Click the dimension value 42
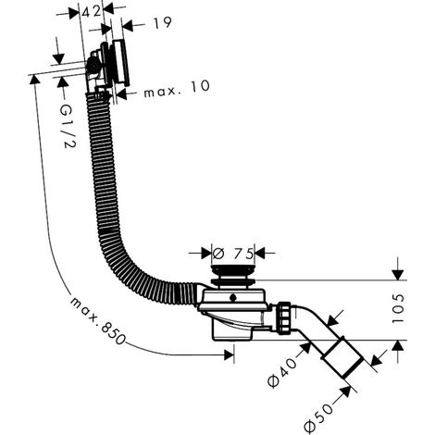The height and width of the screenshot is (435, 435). pyautogui.click(x=91, y=12)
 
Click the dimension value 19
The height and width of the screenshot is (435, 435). pyautogui.click(x=162, y=23)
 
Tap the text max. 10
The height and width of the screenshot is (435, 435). pyautogui.click(x=177, y=89)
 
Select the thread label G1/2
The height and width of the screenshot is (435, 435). pyautogui.click(x=68, y=126)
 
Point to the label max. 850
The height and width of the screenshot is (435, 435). pyautogui.click(x=97, y=321)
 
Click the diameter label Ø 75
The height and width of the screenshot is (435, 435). pyautogui.click(x=233, y=254)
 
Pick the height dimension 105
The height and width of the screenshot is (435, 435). pyautogui.click(x=398, y=308)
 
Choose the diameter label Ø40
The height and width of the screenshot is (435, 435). pyautogui.click(x=281, y=372)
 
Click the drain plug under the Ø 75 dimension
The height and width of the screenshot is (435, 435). pyautogui.click(x=233, y=275)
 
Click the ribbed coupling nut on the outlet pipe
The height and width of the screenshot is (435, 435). pyautogui.click(x=284, y=318)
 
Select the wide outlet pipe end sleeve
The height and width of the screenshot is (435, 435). pyautogui.click(x=342, y=358)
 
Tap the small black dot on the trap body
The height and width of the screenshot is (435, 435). pyautogui.click(x=232, y=298)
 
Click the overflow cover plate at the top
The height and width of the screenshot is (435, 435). pyautogui.click(x=121, y=62)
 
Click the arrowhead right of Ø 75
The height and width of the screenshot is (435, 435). pyautogui.click(x=260, y=254)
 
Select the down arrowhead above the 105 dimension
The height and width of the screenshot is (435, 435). pyautogui.click(x=398, y=275)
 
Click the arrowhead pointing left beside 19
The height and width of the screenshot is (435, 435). pyautogui.click(x=127, y=26)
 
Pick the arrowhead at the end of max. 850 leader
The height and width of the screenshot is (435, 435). pyautogui.click(x=229, y=354)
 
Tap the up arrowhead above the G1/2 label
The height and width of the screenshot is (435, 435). pyautogui.click(x=63, y=82)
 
